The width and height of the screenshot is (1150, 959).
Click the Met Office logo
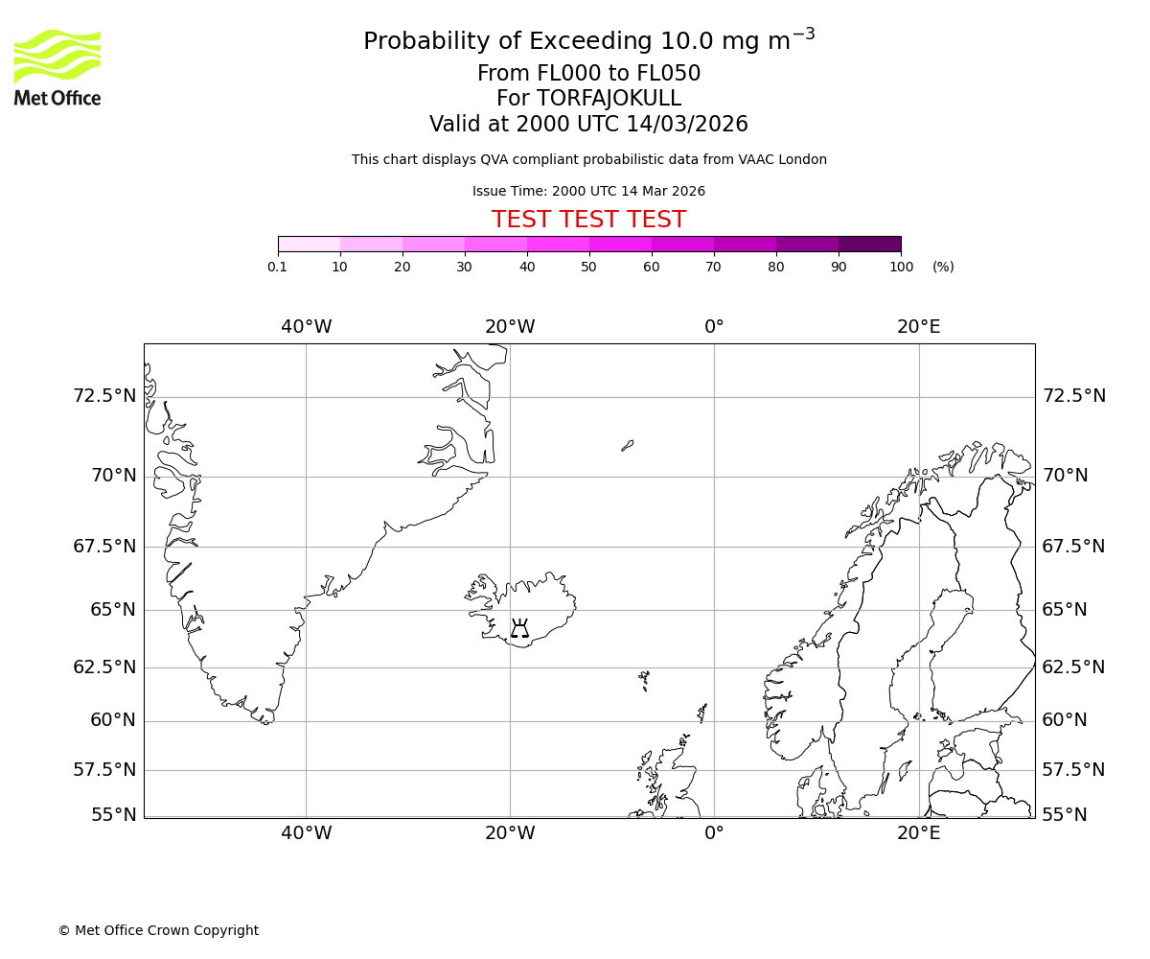(57, 67)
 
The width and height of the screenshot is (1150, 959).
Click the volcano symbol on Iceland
(519, 629)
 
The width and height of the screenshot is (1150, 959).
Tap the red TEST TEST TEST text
(588, 220)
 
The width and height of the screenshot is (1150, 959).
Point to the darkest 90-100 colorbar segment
(869, 244)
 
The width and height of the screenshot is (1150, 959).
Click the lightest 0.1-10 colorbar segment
(309, 244)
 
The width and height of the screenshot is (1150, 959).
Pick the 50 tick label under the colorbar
(588, 267)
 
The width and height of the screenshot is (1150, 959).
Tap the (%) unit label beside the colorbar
(943, 267)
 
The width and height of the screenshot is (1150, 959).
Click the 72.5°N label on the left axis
(104, 396)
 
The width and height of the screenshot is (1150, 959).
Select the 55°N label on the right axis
(1065, 815)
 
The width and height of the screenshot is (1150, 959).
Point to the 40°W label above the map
(306, 327)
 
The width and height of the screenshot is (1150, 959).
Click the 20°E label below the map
(918, 833)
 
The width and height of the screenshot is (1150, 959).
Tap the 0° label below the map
(714, 833)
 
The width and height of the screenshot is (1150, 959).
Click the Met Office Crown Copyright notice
(158, 930)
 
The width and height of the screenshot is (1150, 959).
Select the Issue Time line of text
(588, 191)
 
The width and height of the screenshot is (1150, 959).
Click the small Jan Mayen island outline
(627, 445)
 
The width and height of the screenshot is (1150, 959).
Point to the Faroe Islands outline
(644, 680)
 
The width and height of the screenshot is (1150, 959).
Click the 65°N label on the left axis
(112, 610)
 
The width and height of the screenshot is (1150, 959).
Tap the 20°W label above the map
(510, 327)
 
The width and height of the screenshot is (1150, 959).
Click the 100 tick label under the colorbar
(901, 267)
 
